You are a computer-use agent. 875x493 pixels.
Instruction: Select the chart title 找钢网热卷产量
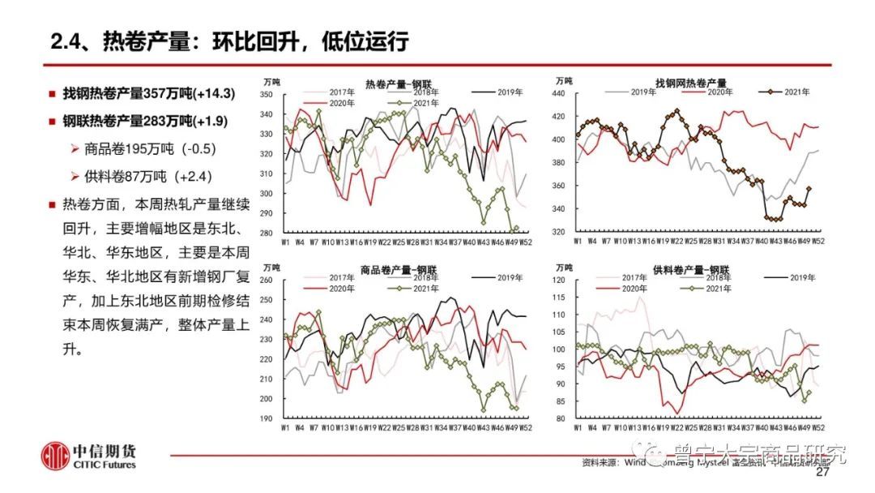pyautogui.click(x=690, y=83)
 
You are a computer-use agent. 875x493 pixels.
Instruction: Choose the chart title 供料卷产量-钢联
pyautogui.click(x=689, y=269)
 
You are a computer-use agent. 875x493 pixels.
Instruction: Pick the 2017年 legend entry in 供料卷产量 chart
pyautogui.click(x=623, y=277)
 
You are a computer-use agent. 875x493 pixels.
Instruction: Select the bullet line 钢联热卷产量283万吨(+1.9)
pyautogui.click(x=145, y=122)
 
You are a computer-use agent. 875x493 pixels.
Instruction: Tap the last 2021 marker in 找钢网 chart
pyautogui.click(x=809, y=188)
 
